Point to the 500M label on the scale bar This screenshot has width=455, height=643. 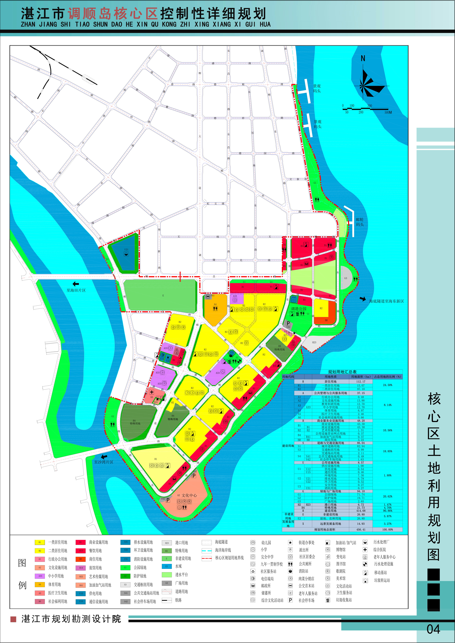coord(388,112)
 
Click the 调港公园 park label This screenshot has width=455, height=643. coord(299,309)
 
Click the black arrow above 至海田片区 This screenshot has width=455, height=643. coord(76,284)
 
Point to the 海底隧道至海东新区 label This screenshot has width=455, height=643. coord(386,301)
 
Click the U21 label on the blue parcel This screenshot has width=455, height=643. coord(126,249)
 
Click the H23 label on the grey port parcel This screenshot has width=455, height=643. coord(314,343)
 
